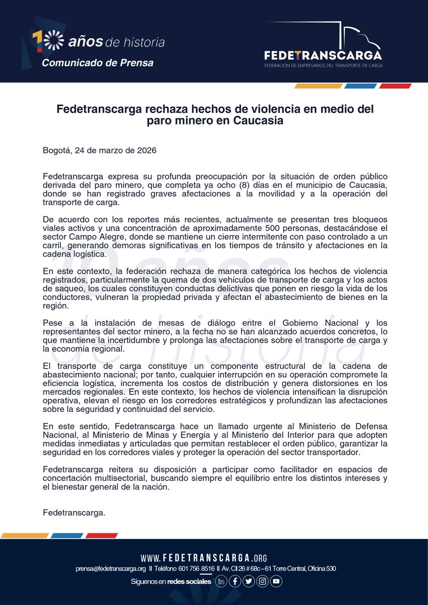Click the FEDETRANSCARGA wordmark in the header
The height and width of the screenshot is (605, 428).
coord(323,55)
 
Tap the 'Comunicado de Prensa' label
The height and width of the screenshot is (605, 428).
coord(97,63)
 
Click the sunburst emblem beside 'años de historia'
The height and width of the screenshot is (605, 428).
coord(54,40)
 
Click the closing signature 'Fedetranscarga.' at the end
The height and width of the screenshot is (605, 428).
coord(74,513)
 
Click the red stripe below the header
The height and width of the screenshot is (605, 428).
coord(395,86)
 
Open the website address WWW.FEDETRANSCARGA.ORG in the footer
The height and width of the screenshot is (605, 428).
coord(203,558)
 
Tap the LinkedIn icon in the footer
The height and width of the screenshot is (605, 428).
coord(221,581)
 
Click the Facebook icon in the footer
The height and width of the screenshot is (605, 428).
coord(234,581)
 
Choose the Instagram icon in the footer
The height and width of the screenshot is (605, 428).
coord(262,581)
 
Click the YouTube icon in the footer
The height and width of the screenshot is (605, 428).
coord(276,581)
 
